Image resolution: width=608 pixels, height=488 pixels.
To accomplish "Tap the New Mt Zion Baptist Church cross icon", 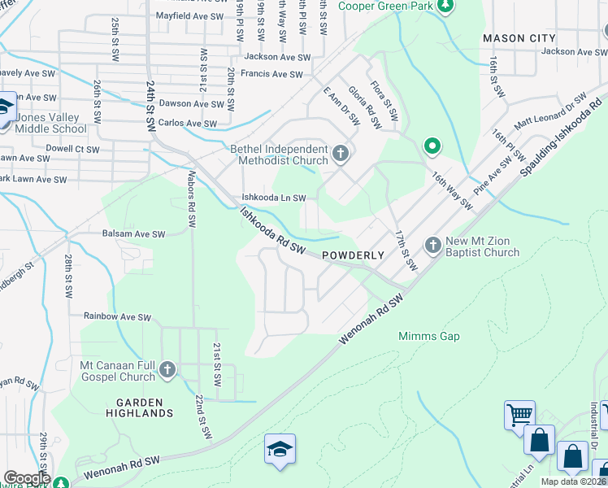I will tap(433, 244).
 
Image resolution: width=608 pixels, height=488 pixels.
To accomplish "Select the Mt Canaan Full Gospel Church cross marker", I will tap(167, 370).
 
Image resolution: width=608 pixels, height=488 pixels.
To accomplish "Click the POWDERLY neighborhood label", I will tap(353, 255).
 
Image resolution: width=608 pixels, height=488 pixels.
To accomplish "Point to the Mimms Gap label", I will tap(429, 336).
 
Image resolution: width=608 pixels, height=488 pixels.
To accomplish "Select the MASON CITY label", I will tap(519, 38).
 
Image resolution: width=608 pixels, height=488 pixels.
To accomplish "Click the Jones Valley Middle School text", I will tap(50, 123).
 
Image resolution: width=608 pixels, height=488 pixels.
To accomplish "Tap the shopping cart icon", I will tap(519, 415).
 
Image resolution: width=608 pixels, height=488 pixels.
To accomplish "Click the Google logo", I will tap(26, 478).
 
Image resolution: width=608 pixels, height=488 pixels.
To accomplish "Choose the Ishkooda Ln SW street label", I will tap(274, 198).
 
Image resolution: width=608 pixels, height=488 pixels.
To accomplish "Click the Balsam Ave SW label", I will tap(133, 233).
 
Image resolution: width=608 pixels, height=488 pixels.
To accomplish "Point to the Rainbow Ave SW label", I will tap(117, 316).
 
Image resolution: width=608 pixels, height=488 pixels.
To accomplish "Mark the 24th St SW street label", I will tap(150, 108).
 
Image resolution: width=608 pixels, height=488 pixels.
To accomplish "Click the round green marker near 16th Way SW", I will tap(432, 147).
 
